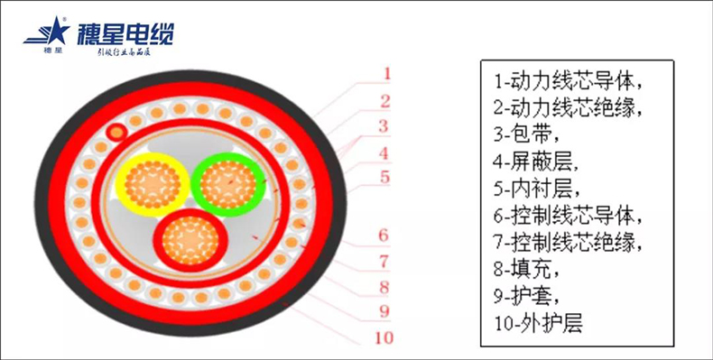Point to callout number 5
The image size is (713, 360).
[x=385, y=178]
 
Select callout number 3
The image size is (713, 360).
[x=385, y=125]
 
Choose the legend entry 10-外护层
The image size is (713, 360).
[x=539, y=321]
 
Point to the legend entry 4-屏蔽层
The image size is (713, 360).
[x=533, y=162]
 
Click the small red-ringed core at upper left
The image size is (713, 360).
[x=115, y=134]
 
